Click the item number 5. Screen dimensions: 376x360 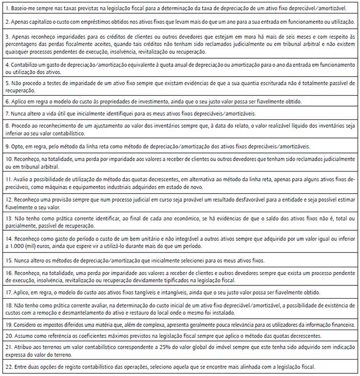(7, 83)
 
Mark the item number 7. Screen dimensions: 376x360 (7, 113)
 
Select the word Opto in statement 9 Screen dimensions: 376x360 (18, 146)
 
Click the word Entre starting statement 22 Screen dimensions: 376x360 (20, 367)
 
